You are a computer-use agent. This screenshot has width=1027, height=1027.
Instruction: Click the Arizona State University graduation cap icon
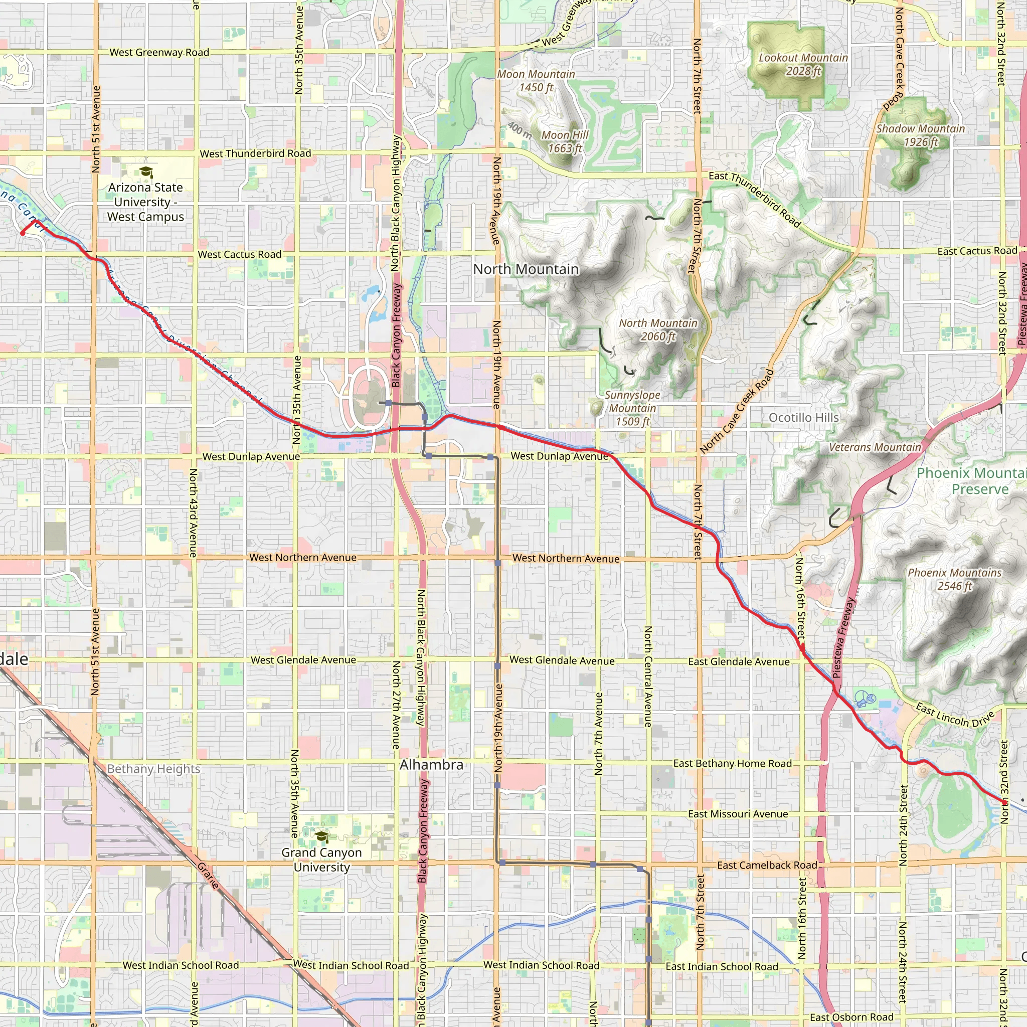pos(145,172)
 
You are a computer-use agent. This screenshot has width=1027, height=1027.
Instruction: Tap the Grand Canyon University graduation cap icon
pos(321,837)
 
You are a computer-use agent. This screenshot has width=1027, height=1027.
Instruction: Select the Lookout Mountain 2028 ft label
pos(803,64)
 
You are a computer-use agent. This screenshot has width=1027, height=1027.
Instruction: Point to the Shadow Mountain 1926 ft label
pos(920,135)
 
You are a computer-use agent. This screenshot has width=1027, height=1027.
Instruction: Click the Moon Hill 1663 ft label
pos(565,141)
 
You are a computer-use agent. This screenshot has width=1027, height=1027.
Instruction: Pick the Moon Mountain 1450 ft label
pos(536,81)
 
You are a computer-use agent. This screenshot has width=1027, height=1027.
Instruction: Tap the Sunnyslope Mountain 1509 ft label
pos(632,408)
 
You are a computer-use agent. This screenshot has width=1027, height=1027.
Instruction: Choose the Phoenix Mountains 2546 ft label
pos(954,579)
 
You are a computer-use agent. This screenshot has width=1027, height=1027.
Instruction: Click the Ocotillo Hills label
pos(803,418)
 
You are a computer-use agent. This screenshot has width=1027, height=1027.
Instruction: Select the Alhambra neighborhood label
pos(431,764)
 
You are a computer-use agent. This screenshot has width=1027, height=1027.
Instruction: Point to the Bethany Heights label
pos(153,769)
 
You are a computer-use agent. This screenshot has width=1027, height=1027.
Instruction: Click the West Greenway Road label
pos(159,52)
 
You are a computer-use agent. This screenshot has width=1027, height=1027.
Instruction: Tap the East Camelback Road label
pos(767,865)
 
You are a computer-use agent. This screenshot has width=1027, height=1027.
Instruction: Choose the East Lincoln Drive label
pos(954,716)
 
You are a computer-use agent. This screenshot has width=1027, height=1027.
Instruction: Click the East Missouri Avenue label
pos(738,814)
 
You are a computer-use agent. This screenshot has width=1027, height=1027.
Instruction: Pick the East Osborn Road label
pos(851,1017)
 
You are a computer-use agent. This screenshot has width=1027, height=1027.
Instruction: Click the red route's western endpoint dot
pos(23,233)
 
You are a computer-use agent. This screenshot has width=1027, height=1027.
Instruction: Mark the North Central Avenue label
pos(647,676)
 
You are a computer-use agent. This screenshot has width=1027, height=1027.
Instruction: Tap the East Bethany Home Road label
pos(732,763)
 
